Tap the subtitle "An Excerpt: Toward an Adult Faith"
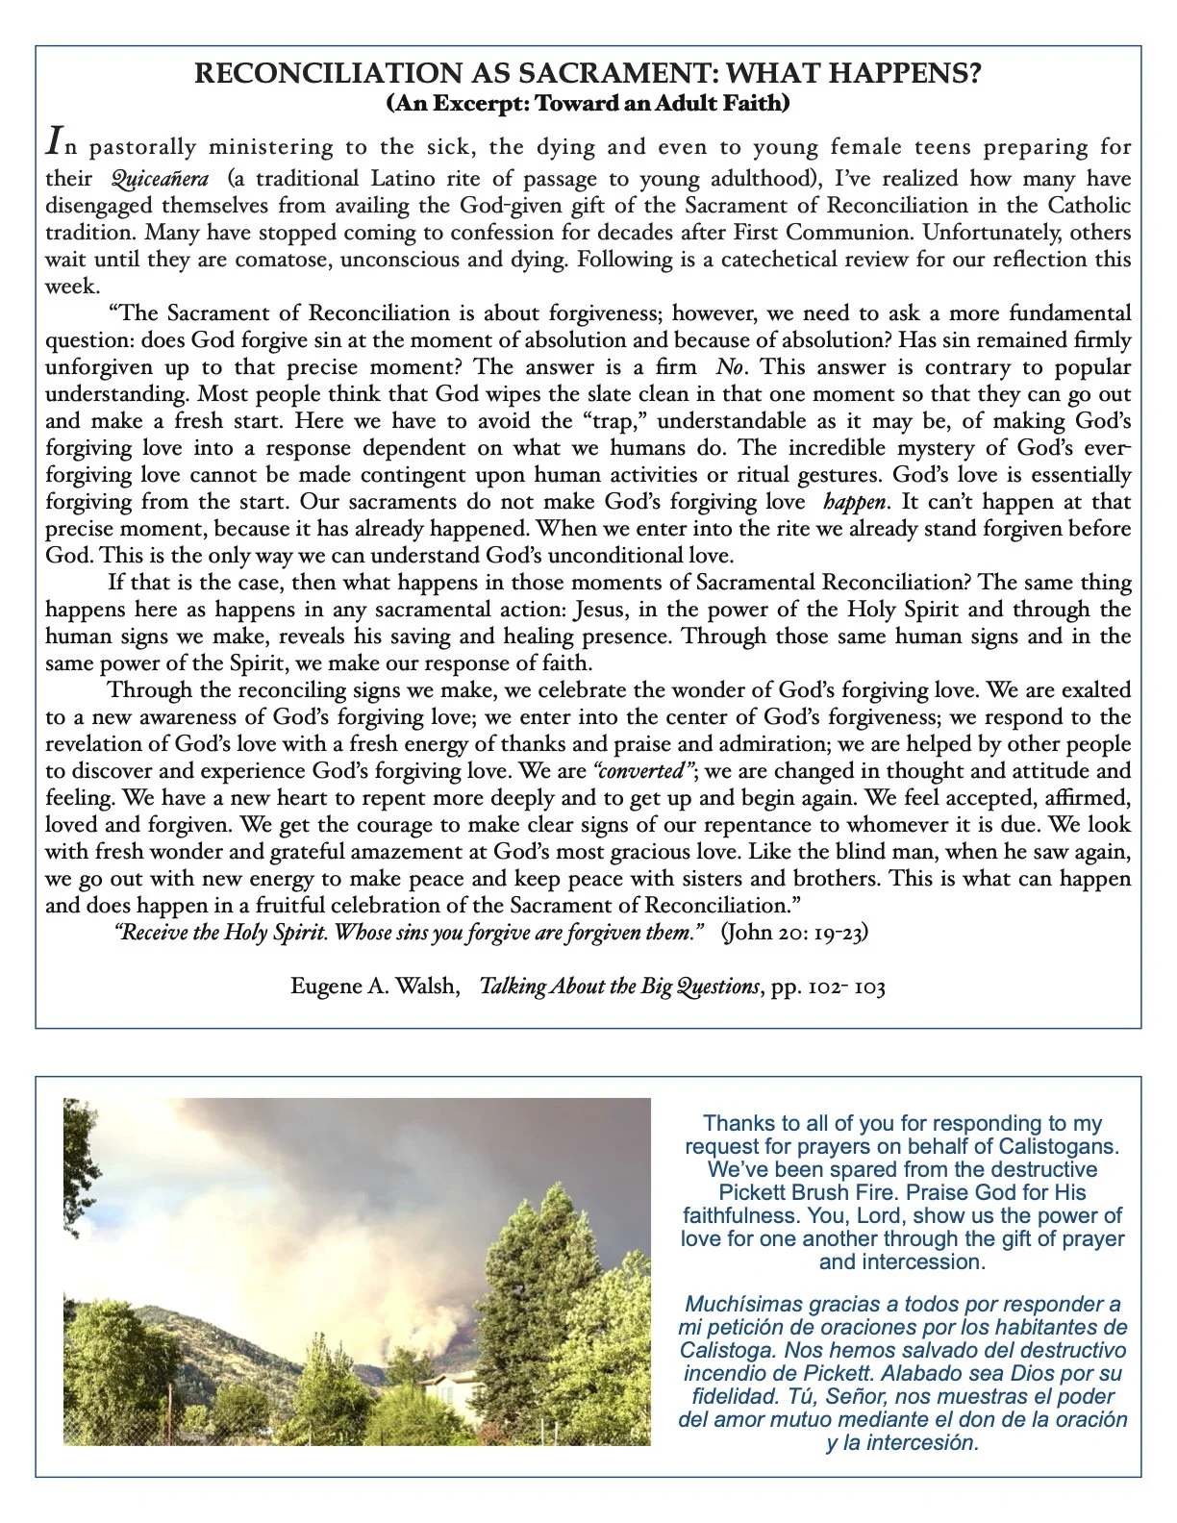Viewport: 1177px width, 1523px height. [x=588, y=103]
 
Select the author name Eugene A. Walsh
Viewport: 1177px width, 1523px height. [x=375, y=986]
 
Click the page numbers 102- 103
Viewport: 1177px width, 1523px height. [x=841, y=987]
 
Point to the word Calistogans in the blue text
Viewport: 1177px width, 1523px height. [x=1059, y=1146]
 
